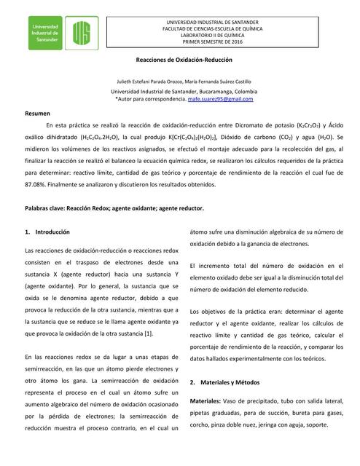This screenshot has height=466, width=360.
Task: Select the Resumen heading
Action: pyautogui.click(x=37, y=114)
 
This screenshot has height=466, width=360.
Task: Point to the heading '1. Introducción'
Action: pyautogui.click(x=48, y=232)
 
